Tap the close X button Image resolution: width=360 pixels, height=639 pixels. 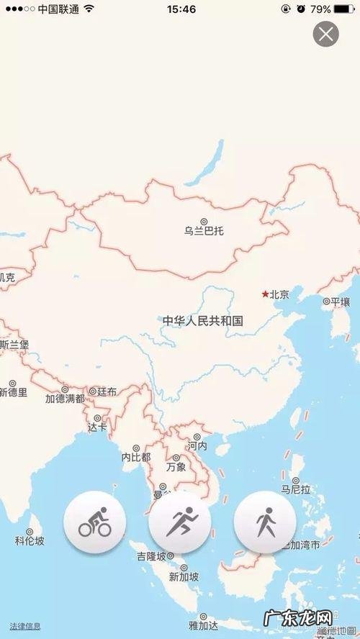[x=326, y=34]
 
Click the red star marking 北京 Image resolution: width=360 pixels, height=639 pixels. [x=265, y=294]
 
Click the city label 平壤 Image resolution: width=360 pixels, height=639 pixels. [x=339, y=302]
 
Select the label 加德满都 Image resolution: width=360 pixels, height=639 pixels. [x=65, y=398]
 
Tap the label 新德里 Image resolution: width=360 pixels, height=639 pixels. [x=13, y=392]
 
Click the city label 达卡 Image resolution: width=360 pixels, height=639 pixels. [x=96, y=426]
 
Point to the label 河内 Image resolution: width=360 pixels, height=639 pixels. [x=197, y=446]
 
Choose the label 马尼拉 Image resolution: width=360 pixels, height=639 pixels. [x=295, y=489]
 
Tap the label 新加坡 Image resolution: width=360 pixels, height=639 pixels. [x=184, y=576]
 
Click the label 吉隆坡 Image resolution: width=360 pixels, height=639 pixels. [x=155, y=556]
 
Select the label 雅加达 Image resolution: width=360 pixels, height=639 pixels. [x=202, y=625]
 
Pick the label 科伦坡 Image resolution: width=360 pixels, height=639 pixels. [x=30, y=540]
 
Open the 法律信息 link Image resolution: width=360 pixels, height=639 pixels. [x=24, y=626]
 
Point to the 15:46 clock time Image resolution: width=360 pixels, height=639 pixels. [x=181, y=9]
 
